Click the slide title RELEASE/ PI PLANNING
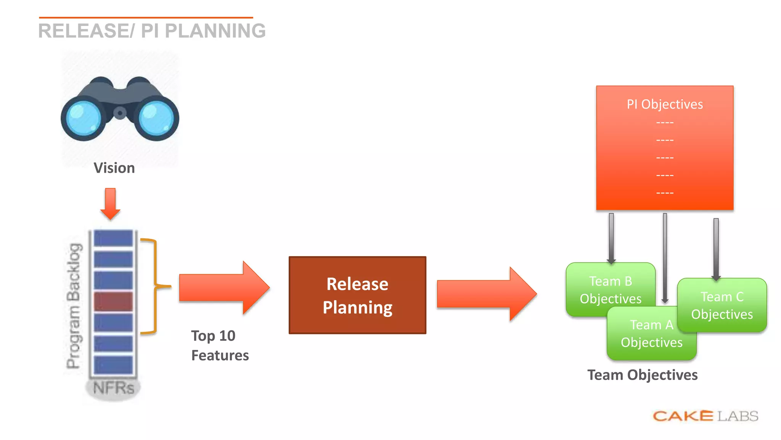click(152, 31)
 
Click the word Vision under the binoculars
click(114, 168)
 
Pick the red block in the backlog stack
click(113, 301)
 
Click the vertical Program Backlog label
click(74, 306)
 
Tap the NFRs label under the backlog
click(113, 388)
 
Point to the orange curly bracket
click(154, 286)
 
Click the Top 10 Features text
click(219, 345)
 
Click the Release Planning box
click(357, 295)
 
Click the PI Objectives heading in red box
click(665, 104)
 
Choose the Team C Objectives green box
click(722, 305)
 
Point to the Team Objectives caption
click(642, 375)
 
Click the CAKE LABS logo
click(705, 416)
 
